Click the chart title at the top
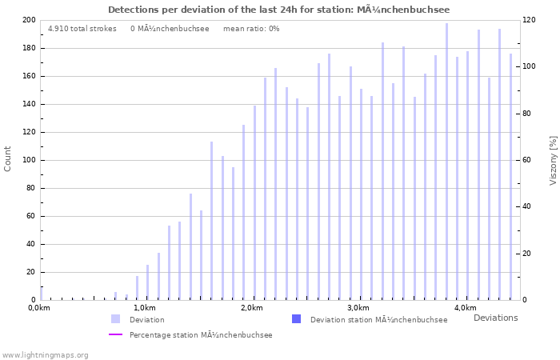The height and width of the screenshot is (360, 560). [278, 10]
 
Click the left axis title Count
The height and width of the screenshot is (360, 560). [8, 158]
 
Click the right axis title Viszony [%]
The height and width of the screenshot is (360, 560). [552, 160]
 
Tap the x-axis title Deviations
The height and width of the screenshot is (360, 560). [495, 318]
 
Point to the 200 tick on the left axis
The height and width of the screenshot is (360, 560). [29, 20]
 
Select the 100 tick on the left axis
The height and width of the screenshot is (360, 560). [29, 160]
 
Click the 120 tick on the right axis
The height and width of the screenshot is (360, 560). [529, 20]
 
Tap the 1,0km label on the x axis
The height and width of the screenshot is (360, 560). [144, 308]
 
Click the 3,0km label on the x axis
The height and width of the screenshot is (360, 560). [358, 308]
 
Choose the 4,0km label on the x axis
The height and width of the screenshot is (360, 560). [465, 308]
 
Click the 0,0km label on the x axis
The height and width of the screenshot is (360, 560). [38, 308]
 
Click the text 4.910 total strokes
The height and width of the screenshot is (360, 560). [82, 29]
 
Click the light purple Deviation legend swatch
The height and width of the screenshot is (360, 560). [116, 319]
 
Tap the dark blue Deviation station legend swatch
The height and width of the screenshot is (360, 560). [297, 319]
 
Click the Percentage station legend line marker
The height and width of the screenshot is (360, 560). [116, 334]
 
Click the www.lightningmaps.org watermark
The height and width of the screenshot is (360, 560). [45, 354]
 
